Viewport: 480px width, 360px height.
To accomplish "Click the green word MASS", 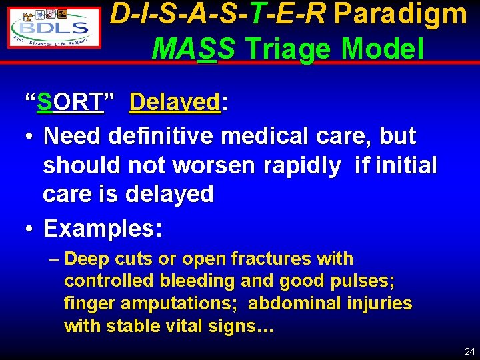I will pos(193,48).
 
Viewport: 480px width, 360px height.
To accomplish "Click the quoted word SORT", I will pos(70,103).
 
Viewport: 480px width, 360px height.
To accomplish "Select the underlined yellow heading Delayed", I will pos(175,103).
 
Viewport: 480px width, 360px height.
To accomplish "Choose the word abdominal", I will pos(295,304).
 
